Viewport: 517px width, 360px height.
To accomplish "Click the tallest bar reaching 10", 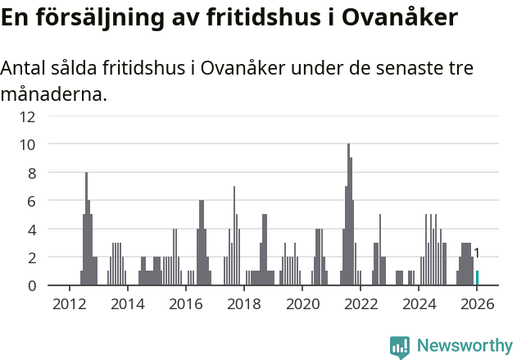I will (348, 215).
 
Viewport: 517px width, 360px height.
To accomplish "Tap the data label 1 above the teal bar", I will (477, 253).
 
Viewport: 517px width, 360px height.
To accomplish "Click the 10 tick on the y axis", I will (28, 144).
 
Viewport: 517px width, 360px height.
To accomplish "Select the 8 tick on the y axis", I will (31, 173).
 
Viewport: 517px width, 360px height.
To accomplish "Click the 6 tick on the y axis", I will (31, 201).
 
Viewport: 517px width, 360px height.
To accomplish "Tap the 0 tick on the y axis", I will (31, 286).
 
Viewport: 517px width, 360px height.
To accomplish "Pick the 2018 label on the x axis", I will (243, 304).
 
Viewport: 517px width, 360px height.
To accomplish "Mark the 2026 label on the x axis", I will (477, 304).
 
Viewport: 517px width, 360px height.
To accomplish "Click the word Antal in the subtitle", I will (24, 68).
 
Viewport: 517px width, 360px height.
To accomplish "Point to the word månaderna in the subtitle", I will (53, 95).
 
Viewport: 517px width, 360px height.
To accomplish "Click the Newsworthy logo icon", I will (400, 347).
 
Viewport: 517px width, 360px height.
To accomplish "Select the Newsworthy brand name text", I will (465, 347).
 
